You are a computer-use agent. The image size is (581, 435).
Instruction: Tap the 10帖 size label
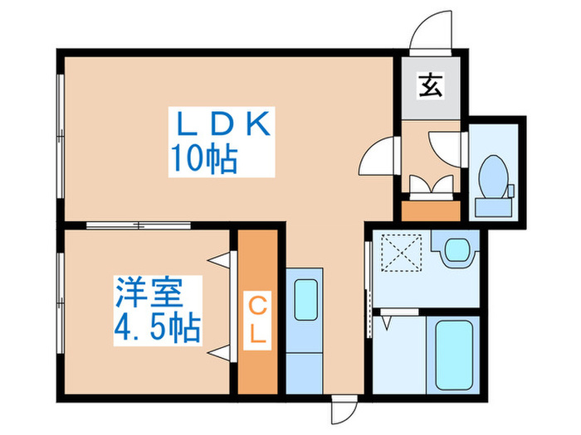(x=204, y=159)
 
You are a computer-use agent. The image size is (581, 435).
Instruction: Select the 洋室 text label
(x=149, y=292)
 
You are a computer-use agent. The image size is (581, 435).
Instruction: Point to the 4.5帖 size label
(x=158, y=328)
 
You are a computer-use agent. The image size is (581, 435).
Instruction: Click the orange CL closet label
(x=257, y=321)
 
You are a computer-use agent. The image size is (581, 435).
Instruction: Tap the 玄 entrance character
(x=431, y=86)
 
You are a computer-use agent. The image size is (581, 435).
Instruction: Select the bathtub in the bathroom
(x=454, y=355)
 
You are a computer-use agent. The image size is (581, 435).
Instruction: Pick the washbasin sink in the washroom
(x=458, y=251)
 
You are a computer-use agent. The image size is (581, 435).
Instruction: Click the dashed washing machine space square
(x=402, y=252)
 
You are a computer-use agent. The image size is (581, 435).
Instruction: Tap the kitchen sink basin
(x=305, y=299)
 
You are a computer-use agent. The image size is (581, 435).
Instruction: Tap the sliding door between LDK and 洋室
(x=139, y=225)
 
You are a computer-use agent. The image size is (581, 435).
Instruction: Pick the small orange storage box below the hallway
(x=431, y=210)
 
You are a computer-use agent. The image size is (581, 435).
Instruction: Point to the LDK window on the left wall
(x=61, y=136)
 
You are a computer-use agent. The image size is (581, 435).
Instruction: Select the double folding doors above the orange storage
(x=432, y=184)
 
